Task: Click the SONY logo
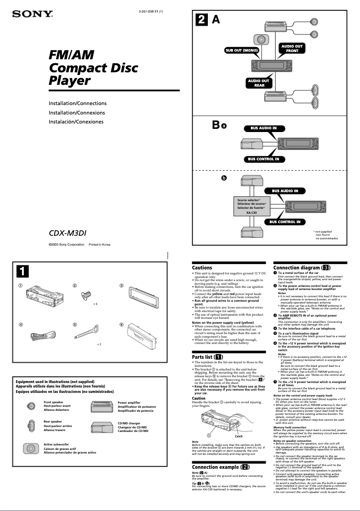[32, 13]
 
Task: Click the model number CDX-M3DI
[75, 233]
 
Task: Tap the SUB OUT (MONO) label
[242, 50]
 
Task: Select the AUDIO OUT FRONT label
[292, 48]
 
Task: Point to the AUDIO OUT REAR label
[259, 83]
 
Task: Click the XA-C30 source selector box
[251, 206]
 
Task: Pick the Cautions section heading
[202, 268]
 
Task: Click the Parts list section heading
[208, 357]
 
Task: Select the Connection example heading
[220, 467]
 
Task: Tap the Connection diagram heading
[302, 268]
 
